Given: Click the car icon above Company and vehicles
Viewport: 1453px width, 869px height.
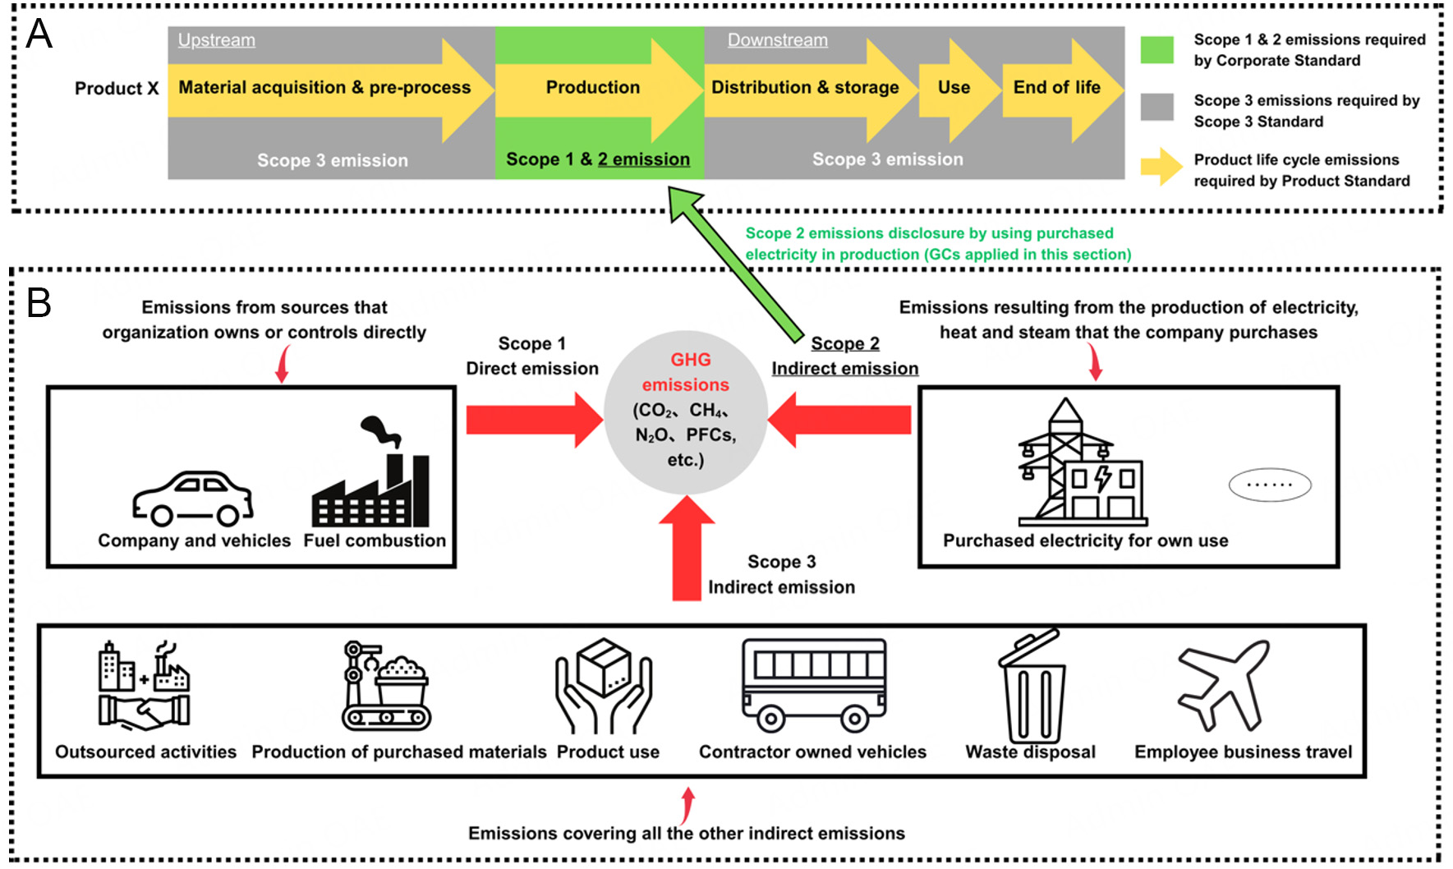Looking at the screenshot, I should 193,499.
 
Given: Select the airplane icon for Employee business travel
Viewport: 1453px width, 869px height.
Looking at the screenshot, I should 1224,685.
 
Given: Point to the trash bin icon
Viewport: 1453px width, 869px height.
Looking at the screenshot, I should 1032,687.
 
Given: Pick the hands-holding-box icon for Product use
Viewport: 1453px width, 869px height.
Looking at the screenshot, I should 604,686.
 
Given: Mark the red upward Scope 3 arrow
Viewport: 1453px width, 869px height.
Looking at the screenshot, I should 687,548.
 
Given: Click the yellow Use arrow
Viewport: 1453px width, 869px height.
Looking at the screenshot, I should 954,88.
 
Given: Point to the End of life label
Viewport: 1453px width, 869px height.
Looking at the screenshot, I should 1056,88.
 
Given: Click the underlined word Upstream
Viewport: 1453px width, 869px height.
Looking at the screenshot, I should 217,40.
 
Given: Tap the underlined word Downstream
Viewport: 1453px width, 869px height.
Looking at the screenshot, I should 777,40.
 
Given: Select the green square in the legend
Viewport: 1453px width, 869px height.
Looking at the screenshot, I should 1156,50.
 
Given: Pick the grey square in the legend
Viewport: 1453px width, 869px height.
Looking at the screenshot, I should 1156,108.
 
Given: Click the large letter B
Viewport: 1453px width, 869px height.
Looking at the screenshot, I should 39,302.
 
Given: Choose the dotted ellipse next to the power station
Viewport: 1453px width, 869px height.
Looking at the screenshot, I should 1269,485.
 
